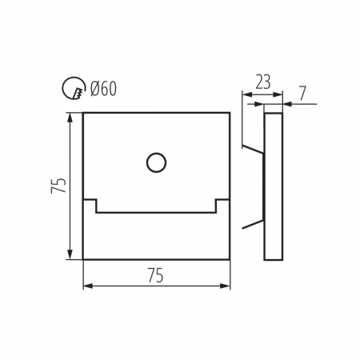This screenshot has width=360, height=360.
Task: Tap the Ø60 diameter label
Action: (x=103, y=88)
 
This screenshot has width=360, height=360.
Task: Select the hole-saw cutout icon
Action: (x=74, y=88)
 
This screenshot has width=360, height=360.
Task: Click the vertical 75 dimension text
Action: (x=58, y=186)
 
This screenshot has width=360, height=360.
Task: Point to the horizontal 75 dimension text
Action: (x=155, y=275)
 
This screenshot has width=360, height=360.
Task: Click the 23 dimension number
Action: (x=263, y=82)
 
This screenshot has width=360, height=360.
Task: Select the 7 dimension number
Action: (x=302, y=94)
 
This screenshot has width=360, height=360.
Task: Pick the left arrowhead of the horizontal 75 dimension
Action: (x=88, y=286)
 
